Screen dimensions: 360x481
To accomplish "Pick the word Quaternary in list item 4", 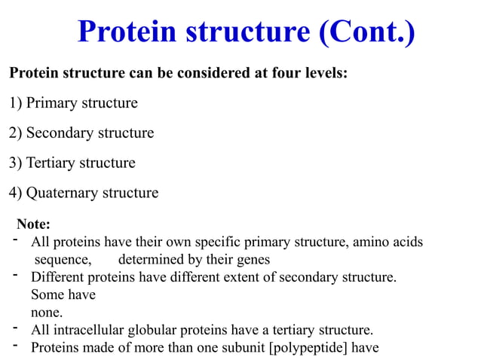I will [x=63, y=193].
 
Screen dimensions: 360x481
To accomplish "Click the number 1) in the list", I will [x=15, y=103].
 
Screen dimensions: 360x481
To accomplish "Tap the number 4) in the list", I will [x=15, y=193].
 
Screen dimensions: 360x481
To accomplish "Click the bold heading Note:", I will [x=34, y=224].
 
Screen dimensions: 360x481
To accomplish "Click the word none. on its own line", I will [x=47, y=312].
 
